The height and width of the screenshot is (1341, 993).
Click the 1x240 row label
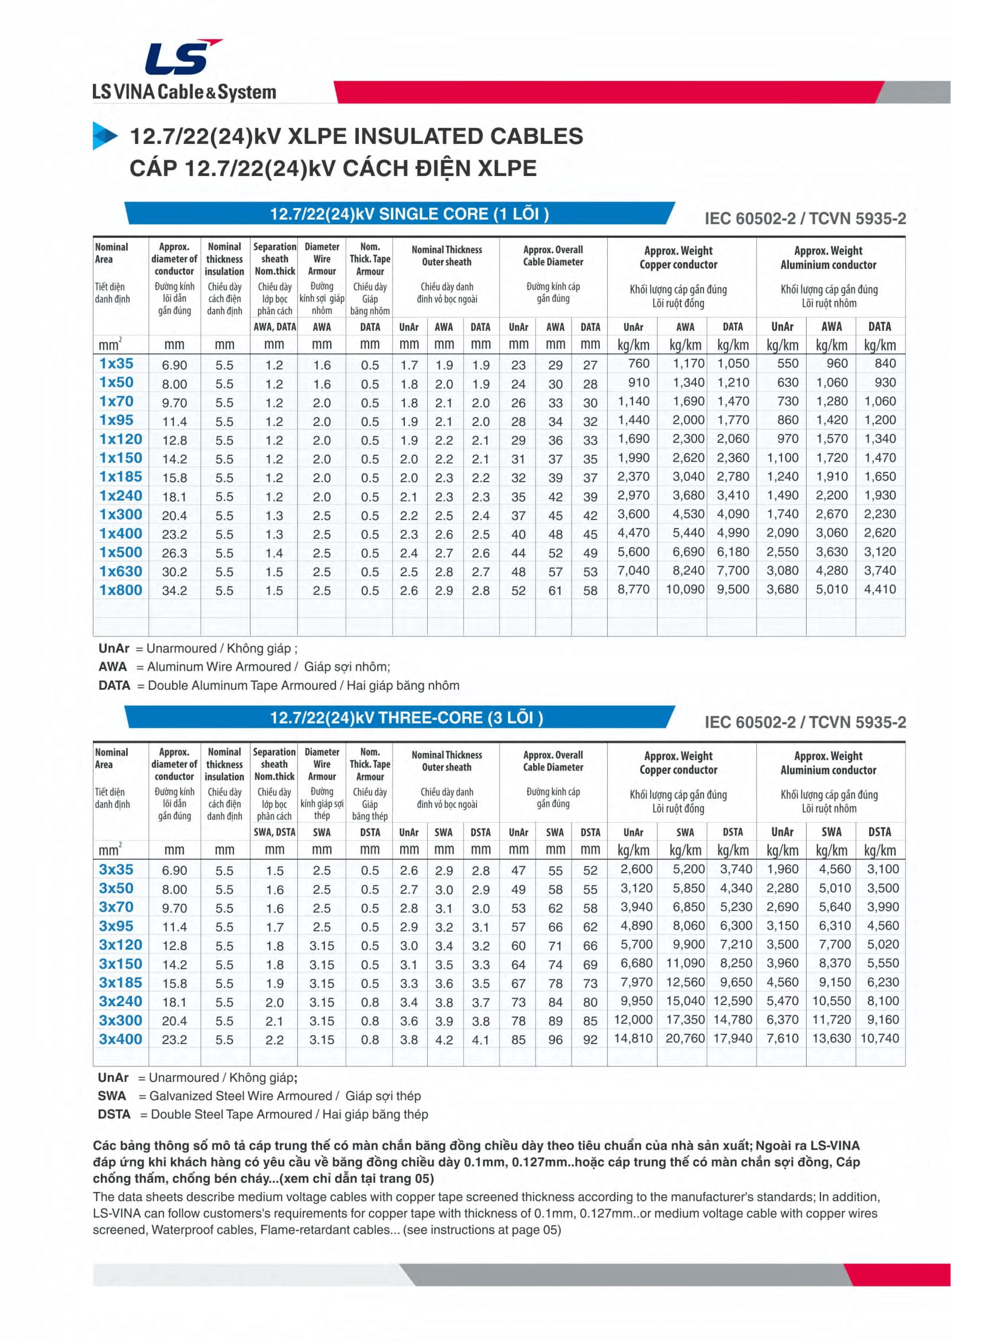(120, 496)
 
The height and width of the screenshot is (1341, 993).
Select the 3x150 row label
(120, 964)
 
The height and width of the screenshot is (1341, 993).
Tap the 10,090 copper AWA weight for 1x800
(685, 589)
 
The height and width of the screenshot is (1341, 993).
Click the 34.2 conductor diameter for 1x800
(174, 591)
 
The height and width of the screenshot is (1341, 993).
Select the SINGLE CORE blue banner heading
(409, 214)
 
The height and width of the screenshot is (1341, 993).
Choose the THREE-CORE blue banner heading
(406, 718)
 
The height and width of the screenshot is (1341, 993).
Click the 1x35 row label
(116, 363)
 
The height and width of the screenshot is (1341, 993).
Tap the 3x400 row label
(120, 1039)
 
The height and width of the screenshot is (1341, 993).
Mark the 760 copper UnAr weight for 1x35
(638, 363)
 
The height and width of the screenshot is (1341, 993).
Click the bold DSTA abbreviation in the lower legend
(114, 1114)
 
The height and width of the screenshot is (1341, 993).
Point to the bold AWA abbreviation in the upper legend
(112, 667)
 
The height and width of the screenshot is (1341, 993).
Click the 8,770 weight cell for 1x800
(634, 589)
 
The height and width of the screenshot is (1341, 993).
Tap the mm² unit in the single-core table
(110, 345)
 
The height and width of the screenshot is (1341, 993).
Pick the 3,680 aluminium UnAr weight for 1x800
(782, 589)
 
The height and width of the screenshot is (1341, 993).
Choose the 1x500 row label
(120, 552)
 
